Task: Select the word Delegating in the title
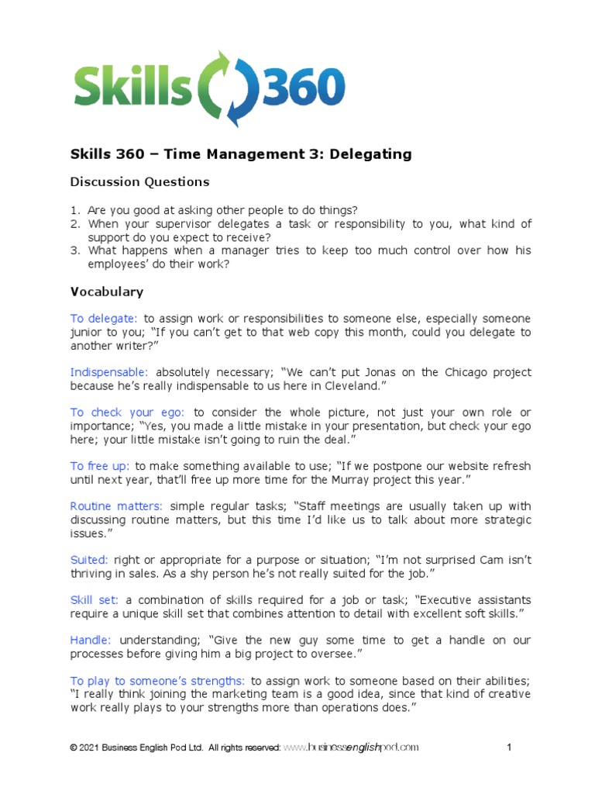point(370,154)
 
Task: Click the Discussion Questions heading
point(139,182)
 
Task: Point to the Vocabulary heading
point(107,292)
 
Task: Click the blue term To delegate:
point(104,319)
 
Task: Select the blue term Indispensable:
point(109,372)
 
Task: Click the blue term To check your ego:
point(128,413)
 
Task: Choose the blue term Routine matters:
point(116,506)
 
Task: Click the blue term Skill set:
point(95,600)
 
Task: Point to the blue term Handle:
point(91,640)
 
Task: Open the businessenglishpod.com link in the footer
point(351,747)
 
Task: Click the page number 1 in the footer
point(510,747)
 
